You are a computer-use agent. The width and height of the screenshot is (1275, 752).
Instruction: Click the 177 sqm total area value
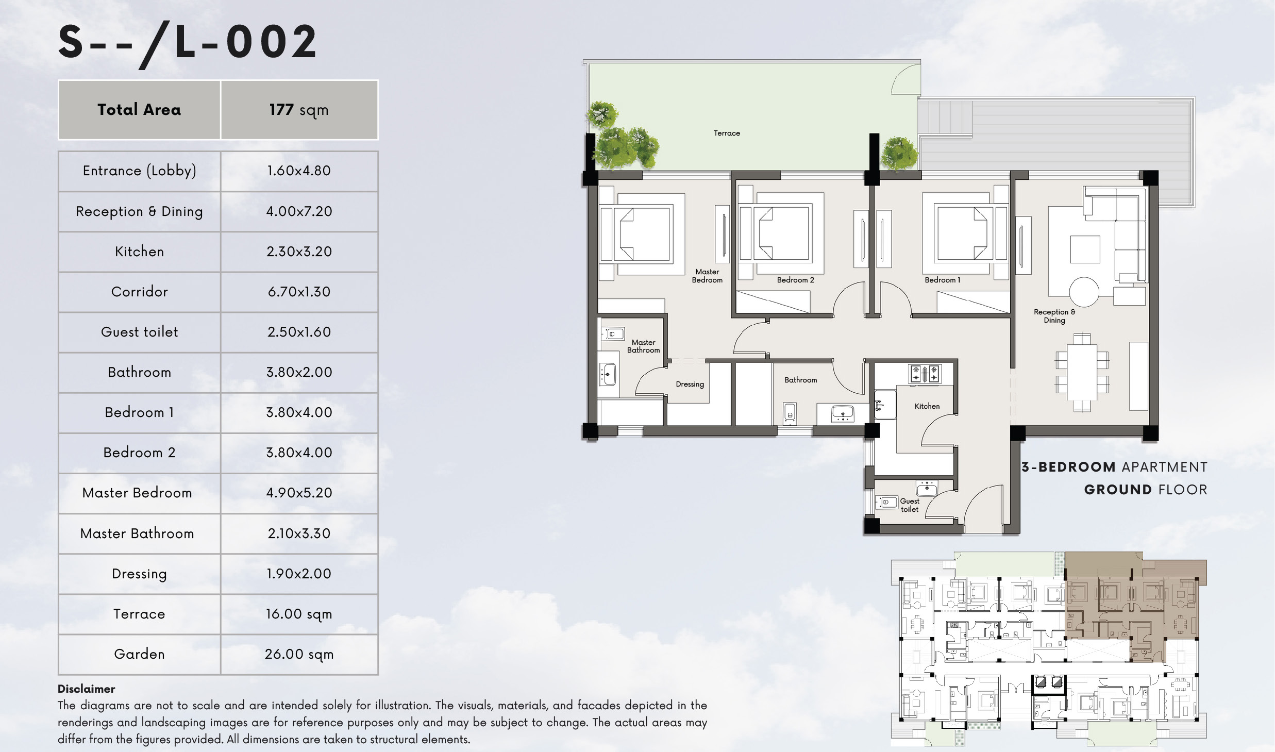pyautogui.click(x=299, y=110)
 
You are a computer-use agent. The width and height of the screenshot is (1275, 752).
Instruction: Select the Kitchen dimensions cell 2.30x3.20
pyautogui.click(x=299, y=252)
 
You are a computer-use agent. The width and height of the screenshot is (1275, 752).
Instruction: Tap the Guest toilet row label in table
pyautogui.click(x=139, y=332)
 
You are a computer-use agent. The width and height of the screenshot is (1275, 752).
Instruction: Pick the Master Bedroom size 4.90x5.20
pyautogui.click(x=299, y=493)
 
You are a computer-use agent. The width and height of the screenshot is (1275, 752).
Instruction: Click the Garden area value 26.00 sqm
pyautogui.click(x=299, y=654)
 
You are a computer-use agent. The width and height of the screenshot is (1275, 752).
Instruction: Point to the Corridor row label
pyautogui.click(x=139, y=292)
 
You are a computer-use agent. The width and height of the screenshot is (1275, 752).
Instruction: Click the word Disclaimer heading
pyautogui.click(x=86, y=689)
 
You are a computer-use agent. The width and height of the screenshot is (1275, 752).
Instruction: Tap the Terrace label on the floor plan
pyautogui.click(x=727, y=133)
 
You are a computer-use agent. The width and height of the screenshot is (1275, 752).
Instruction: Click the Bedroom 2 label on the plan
pyautogui.click(x=795, y=280)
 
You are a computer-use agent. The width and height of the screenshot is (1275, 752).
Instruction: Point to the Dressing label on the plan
pyautogui.click(x=690, y=384)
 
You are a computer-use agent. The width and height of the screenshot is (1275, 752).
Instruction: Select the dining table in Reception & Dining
pyautogui.click(x=1082, y=372)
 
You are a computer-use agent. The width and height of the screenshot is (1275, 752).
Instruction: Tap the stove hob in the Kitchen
pyautogui.click(x=925, y=373)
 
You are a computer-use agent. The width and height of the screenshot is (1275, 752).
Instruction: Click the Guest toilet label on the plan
pyautogui.click(x=910, y=505)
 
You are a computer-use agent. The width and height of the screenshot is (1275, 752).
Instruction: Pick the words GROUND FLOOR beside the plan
pyautogui.click(x=1145, y=490)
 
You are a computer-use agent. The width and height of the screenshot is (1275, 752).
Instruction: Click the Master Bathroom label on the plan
pyautogui.click(x=643, y=346)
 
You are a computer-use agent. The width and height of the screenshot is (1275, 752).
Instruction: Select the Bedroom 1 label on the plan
pyautogui.click(x=942, y=280)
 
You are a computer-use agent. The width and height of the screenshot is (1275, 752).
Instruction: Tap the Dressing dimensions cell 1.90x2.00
pyautogui.click(x=299, y=574)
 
